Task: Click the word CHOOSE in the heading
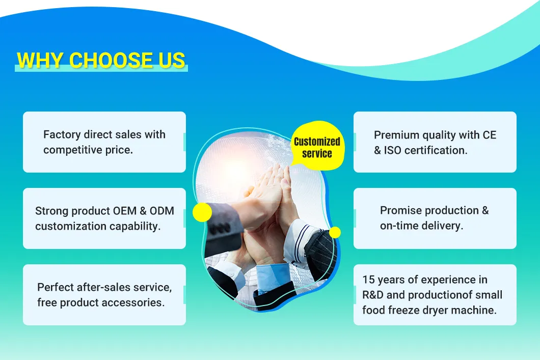[103, 60]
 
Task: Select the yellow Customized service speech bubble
[317, 147]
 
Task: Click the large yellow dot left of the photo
[202, 212]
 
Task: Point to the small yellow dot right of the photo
[335, 233]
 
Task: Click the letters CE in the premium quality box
[489, 135]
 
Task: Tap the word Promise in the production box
[400, 210]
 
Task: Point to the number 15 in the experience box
[368, 280]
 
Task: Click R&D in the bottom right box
[375, 295]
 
